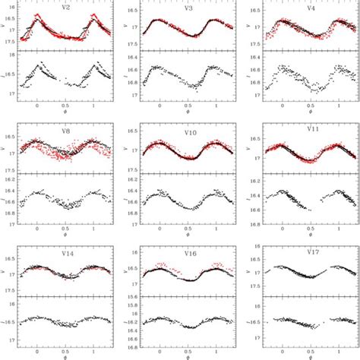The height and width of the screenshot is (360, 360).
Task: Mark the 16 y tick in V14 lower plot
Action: click(x=14, y=306)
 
